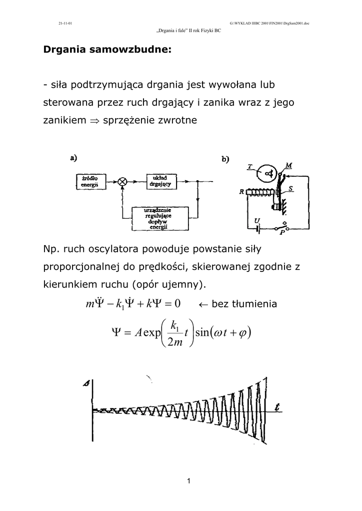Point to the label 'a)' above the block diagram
pyautogui.click(x=73, y=157)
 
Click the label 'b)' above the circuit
pyautogui.click(x=225, y=159)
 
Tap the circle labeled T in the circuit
pyautogui.click(x=269, y=173)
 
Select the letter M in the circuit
pyautogui.click(x=288, y=165)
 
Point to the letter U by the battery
pyautogui.click(x=257, y=220)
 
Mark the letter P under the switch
pyautogui.click(x=282, y=233)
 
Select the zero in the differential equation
pyautogui.click(x=176, y=303)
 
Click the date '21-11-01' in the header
pyautogui.click(x=65, y=23)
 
